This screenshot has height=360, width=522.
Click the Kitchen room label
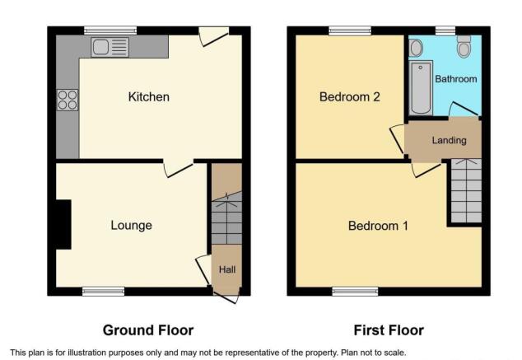tap(148, 97)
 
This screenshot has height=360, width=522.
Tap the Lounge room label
tap(131, 225)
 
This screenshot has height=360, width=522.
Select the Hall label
tap(226, 269)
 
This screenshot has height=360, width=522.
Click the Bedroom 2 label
tap(349, 97)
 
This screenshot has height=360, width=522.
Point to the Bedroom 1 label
tap(378, 226)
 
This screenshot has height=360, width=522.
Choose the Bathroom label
tap(456, 79)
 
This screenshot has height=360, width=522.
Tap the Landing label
tap(449, 140)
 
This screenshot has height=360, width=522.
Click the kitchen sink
tap(110, 47)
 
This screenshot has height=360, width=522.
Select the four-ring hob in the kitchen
tap(68, 100)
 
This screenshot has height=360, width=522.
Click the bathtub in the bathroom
tap(420, 87)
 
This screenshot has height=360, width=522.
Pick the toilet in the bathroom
tap(464, 47)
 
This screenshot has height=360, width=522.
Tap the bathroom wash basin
tap(416, 47)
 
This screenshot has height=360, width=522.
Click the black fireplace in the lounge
tap(63, 224)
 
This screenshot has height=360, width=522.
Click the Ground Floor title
tap(148, 330)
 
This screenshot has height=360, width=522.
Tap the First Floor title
tap(389, 330)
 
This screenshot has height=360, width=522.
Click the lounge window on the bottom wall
tap(103, 291)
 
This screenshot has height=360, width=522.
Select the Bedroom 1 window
tap(355, 291)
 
